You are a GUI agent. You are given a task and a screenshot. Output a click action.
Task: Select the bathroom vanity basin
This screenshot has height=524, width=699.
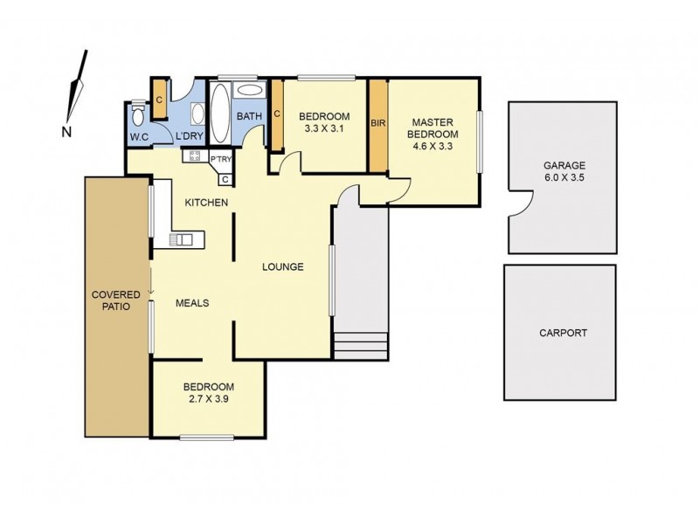pos(249,90)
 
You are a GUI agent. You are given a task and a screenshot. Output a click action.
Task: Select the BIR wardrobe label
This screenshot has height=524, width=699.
pos(377,124)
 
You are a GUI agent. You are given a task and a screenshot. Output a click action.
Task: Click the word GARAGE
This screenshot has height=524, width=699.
pos(564,165)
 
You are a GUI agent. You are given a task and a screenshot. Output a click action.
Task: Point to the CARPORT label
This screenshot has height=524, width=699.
pos(563,333)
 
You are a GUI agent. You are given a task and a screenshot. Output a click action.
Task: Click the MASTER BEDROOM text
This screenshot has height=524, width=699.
pos(434,128)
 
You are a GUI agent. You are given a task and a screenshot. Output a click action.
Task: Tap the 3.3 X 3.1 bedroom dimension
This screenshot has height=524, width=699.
pos(324,129)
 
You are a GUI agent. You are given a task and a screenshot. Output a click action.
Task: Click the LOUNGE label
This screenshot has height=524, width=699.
pos(283,266)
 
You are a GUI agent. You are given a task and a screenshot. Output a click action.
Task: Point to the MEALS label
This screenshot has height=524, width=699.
pos(192,302)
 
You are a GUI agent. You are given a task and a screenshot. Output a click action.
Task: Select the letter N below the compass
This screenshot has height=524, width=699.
pos(66,132)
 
